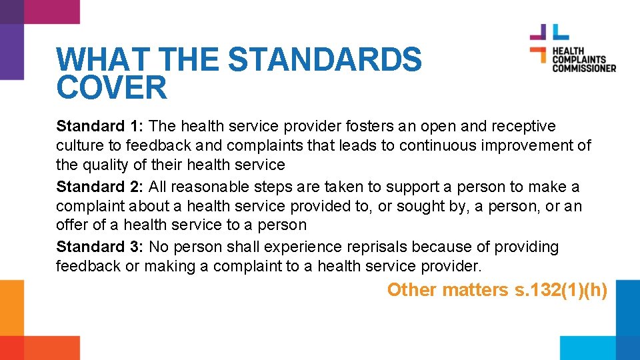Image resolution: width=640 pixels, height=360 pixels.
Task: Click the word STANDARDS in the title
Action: pyautogui.click(x=325, y=60)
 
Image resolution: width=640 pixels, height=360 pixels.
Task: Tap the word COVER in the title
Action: pyautogui.click(x=111, y=88)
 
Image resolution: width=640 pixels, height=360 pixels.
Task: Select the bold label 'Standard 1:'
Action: pyautogui.click(x=100, y=126)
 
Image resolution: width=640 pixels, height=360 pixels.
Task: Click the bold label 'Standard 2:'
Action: pyautogui.click(x=100, y=187)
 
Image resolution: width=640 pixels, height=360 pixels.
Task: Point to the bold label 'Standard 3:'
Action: pyautogui.click(x=100, y=247)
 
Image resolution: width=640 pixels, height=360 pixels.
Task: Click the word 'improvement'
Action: pyautogui.click(x=527, y=145)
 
